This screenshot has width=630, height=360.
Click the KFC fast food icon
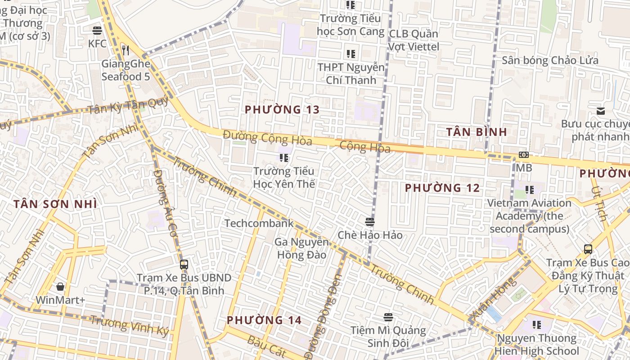coord(97,31)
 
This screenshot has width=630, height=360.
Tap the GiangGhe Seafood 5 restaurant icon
coord(126,50)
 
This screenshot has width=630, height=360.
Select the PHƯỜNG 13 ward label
coord(282,109)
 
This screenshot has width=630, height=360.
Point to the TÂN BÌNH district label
coord(477,132)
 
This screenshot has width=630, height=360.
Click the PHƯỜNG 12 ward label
coord(442,188)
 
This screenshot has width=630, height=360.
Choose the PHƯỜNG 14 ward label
coord(264,320)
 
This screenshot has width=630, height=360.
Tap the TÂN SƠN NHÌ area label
coord(55,204)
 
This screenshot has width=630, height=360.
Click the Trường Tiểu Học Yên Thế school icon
coord(283,157)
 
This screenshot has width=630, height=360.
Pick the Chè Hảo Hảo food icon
coord(370,221)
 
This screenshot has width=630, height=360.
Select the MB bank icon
coord(523,155)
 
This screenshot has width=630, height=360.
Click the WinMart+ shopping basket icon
coord(60,287)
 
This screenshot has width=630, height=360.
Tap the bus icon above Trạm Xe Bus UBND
coord(184,264)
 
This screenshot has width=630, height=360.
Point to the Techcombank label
coord(259,223)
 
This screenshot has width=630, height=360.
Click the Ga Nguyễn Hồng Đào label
coord(301,248)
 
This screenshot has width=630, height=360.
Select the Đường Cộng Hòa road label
coord(267,137)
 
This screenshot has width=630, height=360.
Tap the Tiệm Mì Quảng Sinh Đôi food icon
coord(388,317)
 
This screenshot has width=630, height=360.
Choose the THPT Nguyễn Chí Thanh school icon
coord(351,54)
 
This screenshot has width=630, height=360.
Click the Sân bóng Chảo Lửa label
coord(550,60)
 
